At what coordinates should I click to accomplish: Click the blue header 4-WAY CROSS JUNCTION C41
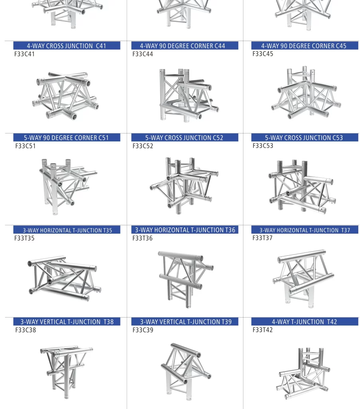pos(67,46)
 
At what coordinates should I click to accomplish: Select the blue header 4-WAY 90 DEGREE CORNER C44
pos(185,46)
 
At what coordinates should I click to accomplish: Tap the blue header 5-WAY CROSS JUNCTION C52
pos(185,137)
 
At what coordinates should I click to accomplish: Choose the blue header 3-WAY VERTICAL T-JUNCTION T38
pos(67,322)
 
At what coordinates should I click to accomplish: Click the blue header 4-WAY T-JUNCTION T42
pos(305,322)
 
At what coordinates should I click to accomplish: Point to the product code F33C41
pos(24,54)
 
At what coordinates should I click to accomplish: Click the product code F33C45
pos(263,54)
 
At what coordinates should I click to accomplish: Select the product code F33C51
pos(25,146)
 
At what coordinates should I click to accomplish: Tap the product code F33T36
pos(142,238)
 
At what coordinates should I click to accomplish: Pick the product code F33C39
pos(143,330)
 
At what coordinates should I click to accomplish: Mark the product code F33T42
pos(263,330)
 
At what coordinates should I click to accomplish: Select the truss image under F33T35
pos(64,278)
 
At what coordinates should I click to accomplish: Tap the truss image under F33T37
pos(303,278)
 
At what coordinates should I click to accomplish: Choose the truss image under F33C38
pos(67,372)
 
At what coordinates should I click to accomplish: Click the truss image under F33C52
pos(184,186)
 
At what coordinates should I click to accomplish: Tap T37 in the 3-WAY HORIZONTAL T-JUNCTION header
pos(346,230)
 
